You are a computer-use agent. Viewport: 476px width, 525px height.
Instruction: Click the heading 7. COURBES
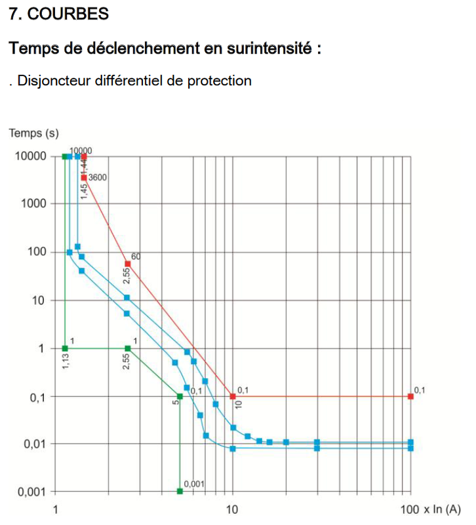pyautogui.click(x=59, y=14)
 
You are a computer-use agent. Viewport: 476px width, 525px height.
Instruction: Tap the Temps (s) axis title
pyautogui.click(x=33, y=134)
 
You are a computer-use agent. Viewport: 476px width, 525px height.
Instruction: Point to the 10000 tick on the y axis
pyautogui.click(x=30, y=156)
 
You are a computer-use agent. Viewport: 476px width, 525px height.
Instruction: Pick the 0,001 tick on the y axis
pyautogui.click(x=30, y=492)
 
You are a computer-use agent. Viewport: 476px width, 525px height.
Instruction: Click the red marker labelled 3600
pyautogui.click(x=84, y=178)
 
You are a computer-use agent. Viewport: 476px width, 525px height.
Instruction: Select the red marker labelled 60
pyautogui.click(x=128, y=264)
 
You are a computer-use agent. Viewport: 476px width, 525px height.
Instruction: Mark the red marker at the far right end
pyautogui.click(x=411, y=396)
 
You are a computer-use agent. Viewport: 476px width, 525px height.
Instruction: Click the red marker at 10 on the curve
pyautogui.click(x=233, y=396)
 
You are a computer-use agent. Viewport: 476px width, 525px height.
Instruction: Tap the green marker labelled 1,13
pyautogui.click(x=64, y=348)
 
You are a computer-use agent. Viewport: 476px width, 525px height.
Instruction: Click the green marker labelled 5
pyautogui.click(x=180, y=396)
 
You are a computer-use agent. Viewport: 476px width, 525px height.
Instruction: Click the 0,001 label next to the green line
pyautogui.click(x=194, y=484)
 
